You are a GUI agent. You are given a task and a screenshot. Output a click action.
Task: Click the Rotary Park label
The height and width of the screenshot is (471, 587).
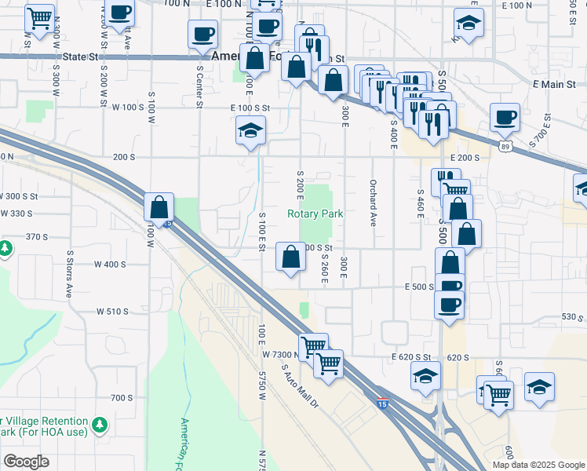click(315, 214)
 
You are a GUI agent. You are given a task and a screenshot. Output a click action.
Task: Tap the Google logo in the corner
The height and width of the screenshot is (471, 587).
click(25, 462)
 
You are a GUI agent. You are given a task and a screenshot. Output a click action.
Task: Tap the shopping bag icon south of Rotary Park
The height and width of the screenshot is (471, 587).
click(290, 257)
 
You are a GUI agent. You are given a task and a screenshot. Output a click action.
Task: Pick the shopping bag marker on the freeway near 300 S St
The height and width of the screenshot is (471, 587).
click(159, 208)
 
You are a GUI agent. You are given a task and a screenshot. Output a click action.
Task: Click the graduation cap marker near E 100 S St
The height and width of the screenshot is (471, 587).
click(250, 131)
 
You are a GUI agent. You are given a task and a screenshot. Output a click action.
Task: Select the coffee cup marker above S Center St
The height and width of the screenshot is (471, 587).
click(202, 35)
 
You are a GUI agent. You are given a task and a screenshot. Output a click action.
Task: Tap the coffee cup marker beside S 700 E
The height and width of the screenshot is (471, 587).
click(504, 118)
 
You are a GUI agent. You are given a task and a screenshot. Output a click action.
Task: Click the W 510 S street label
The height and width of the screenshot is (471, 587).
click(112, 312)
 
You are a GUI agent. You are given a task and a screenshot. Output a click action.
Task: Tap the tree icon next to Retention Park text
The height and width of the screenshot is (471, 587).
click(100, 425)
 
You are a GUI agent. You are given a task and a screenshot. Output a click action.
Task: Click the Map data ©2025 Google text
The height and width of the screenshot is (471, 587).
click(538, 465)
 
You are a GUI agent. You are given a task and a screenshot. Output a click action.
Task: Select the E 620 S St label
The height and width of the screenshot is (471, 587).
click(412, 357)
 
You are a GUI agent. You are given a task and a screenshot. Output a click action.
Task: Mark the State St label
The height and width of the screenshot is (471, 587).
click(84, 57)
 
